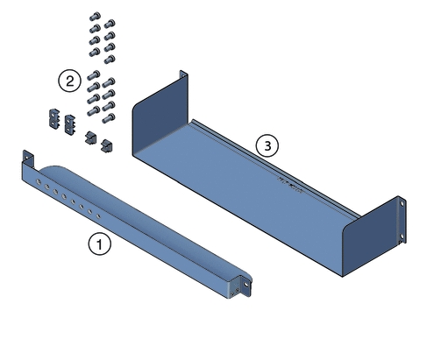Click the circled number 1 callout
tap(102, 244)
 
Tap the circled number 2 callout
tap(68, 81)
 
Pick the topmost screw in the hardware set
tap(94, 18)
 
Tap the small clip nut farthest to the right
tap(108, 145)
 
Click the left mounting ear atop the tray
tap(183, 79)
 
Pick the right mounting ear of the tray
tap(402, 210)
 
